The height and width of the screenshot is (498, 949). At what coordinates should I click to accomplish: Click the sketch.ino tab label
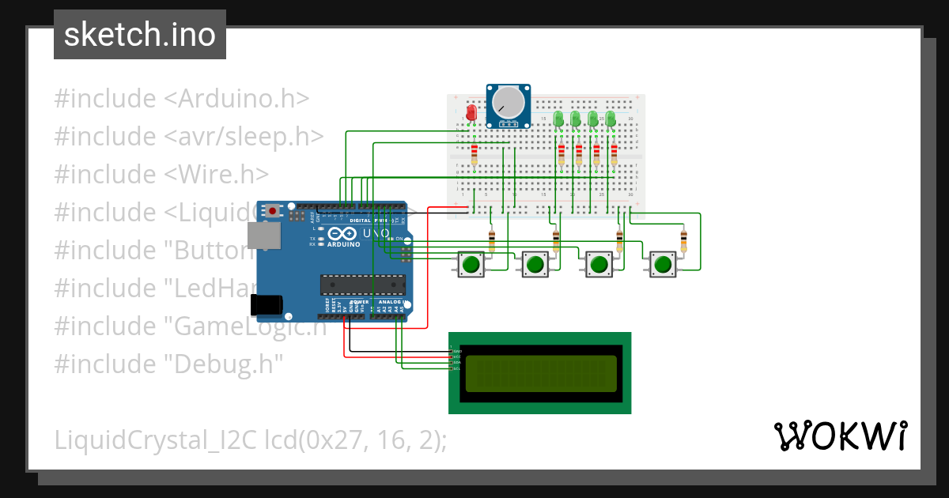click(x=140, y=35)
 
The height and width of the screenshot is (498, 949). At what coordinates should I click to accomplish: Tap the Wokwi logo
click(x=840, y=436)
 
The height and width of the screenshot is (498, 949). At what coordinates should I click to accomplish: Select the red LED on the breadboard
click(x=471, y=113)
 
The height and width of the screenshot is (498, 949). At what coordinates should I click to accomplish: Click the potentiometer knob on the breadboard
click(x=508, y=103)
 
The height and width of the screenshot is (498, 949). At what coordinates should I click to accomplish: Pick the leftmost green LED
click(x=558, y=119)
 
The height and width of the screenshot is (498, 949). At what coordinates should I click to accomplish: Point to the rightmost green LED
click(x=611, y=119)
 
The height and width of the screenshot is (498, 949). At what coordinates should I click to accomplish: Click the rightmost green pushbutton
click(x=663, y=264)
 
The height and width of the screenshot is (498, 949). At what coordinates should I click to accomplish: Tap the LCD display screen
click(x=541, y=373)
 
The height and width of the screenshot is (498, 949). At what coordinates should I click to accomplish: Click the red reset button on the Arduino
click(x=274, y=210)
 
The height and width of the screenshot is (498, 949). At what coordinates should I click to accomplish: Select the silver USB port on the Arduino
click(x=262, y=235)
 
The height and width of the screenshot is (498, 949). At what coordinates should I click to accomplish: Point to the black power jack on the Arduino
click(x=267, y=305)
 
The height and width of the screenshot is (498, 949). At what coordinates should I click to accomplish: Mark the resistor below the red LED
click(x=475, y=153)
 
